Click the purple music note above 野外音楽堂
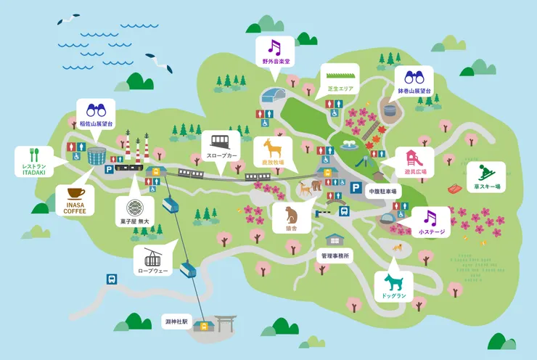tap(275, 47)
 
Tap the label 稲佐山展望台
tap(96, 125)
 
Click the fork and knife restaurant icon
tap(33, 155)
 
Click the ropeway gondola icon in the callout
tap(152, 257)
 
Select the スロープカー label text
tap(221, 155)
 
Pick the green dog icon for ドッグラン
tap(393, 282)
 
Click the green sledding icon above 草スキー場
tap(485, 173)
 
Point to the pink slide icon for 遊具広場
tap(414, 158)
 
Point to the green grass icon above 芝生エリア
tap(340, 75)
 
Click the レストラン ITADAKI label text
tap(33, 169)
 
